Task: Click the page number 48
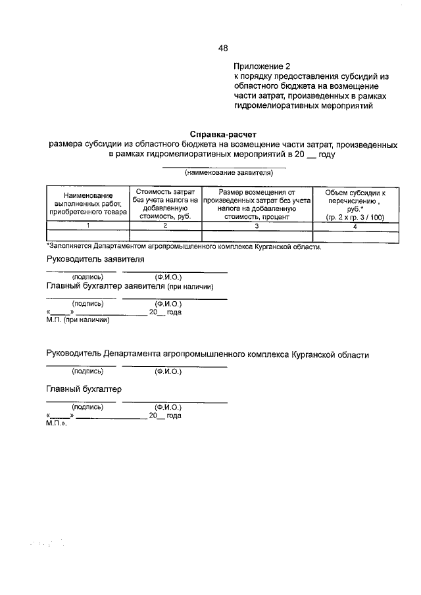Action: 223,48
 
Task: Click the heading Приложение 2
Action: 261,66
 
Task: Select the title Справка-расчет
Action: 222,133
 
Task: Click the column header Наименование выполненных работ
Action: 88,204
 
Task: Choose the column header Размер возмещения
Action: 257,203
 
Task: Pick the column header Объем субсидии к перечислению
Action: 355,204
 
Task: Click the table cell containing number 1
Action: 88,226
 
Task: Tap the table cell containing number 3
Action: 257,226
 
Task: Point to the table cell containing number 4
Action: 355,226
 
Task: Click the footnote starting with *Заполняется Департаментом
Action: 184,247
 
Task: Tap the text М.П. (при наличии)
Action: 77,320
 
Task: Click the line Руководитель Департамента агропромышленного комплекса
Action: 207,354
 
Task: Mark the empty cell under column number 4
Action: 355,235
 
